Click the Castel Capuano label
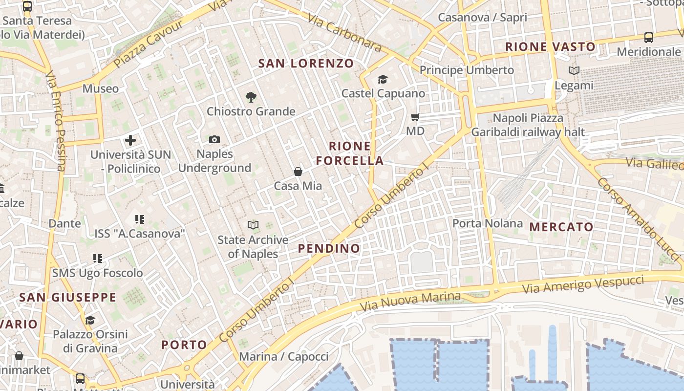click(383, 93)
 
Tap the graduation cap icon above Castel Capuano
click(383, 79)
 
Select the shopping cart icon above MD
click(415, 117)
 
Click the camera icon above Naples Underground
click(214, 140)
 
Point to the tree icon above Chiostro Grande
click(251, 97)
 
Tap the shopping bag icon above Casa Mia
click(298, 172)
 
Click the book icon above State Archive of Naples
click(253, 225)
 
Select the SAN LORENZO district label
click(306, 63)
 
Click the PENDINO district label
click(329, 248)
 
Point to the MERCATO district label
click(561, 227)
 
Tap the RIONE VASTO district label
click(550, 47)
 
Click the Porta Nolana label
click(487, 223)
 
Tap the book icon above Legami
click(574, 71)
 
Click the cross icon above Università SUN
click(130, 141)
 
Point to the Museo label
click(101, 88)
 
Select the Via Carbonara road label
click(344, 32)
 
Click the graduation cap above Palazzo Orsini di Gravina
click(90, 320)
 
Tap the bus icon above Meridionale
click(649, 37)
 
